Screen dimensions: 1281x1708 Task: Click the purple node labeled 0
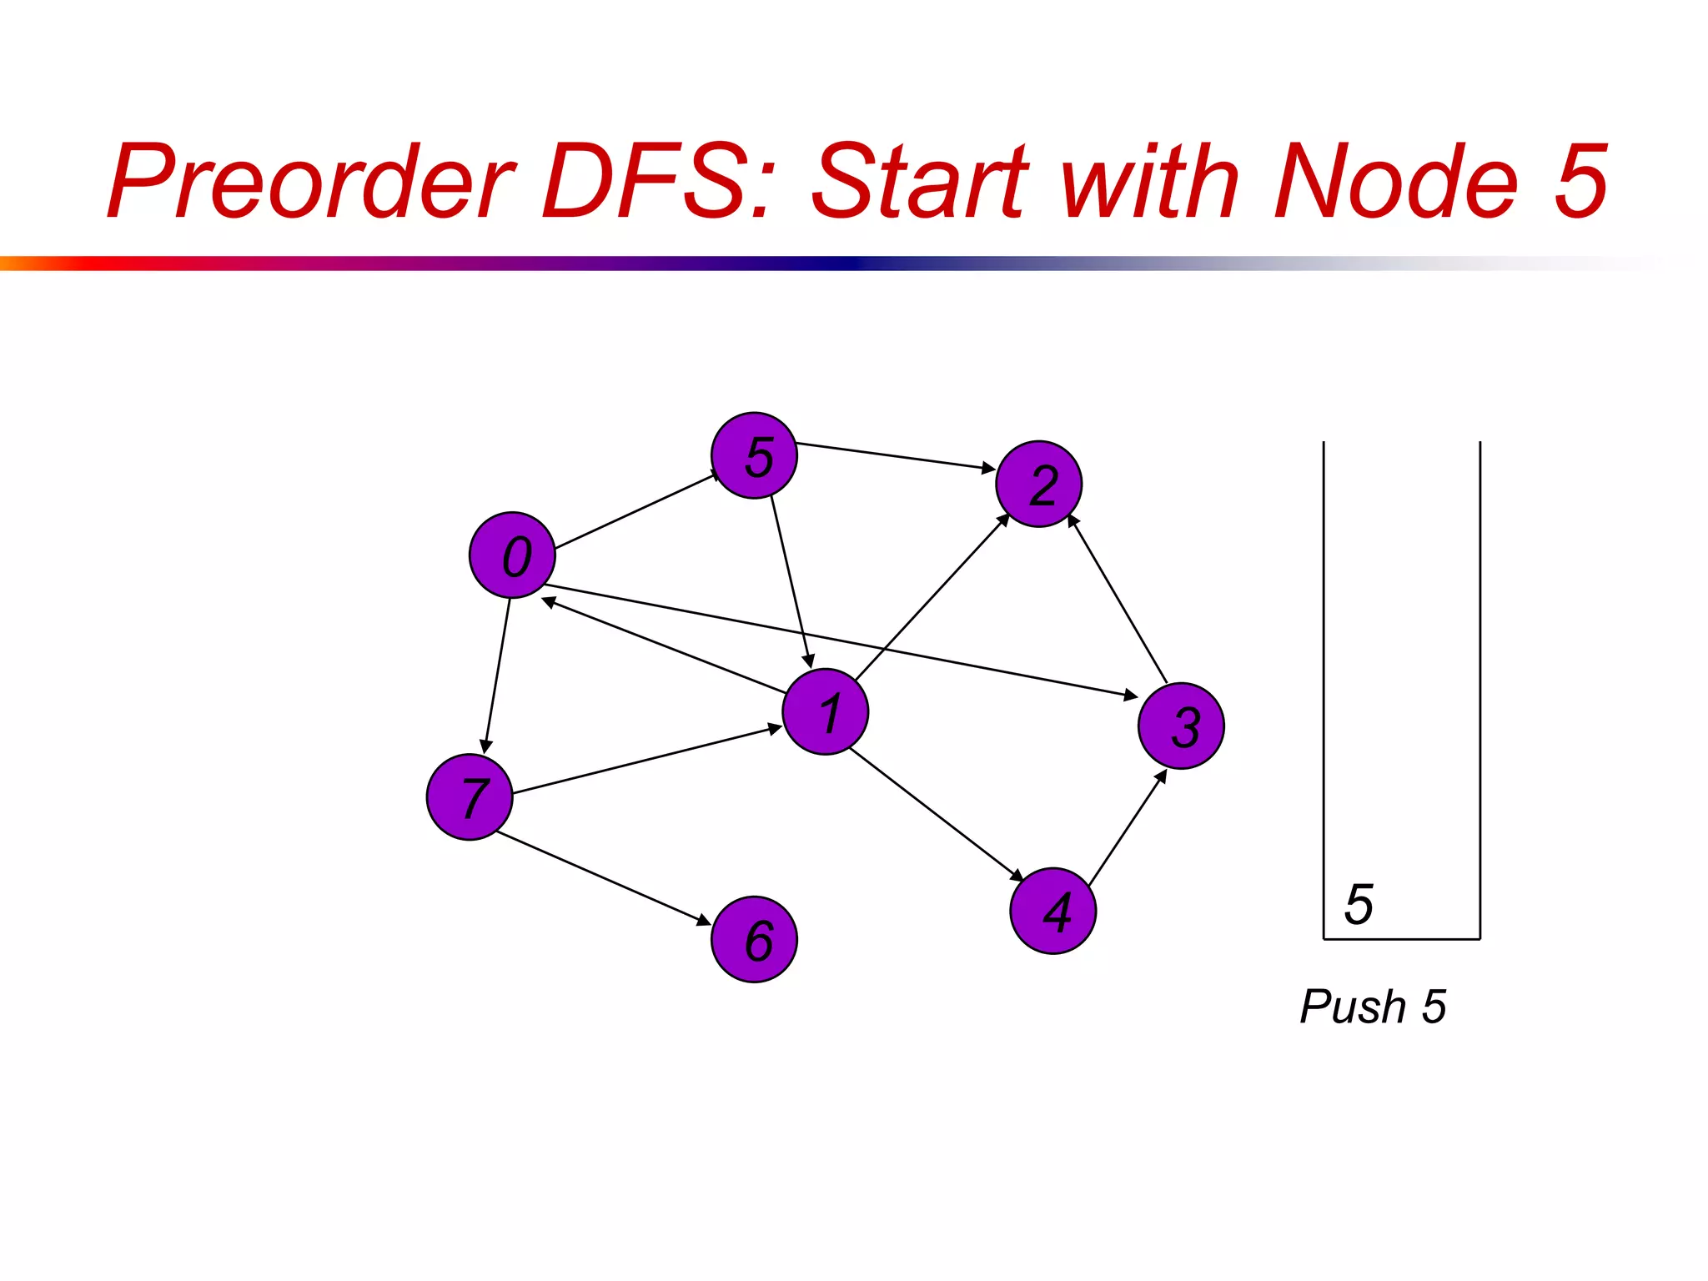click(x=512, y=555)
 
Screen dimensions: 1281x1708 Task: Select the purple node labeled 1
click(x=825, y=712)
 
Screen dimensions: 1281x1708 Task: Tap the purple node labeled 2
click(x=1038, y=485)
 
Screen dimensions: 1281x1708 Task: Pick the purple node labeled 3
click(x=1181, y=726)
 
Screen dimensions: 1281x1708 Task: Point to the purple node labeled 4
click(x=1052, y=911)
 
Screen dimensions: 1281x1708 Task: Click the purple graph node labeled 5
click(x=754, y=456)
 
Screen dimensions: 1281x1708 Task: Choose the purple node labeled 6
click(x=754, y=940)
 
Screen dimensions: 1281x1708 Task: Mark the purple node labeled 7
click(x=470, y=797)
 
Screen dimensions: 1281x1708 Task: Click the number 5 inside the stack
click(x=1359, y=904)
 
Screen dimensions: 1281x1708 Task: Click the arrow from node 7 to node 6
click(x=603, y=878)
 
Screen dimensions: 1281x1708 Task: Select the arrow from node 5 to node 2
click(x=895, y=456)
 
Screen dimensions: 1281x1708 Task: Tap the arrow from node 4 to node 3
click(x=1128, y=828)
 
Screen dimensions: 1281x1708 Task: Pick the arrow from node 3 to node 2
click(x=1118, y=599)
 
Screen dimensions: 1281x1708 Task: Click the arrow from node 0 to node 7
click(x=497, y=676)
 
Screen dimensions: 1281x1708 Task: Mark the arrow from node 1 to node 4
click(x=936, y=814)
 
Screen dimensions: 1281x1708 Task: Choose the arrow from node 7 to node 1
click(x=647, y=760)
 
